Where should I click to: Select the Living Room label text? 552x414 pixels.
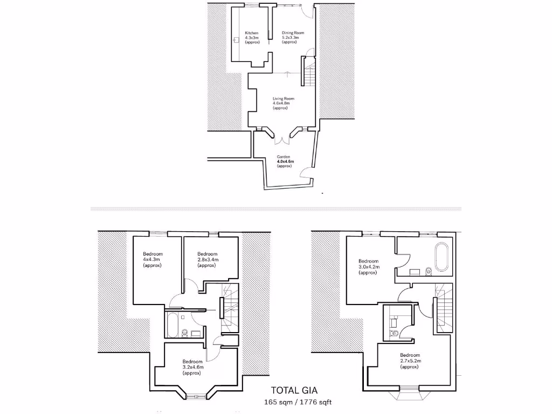(x=283, y=103)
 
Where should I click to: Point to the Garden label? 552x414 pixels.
(x=284, y=161)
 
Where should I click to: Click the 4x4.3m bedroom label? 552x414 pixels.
(x=153, y=260)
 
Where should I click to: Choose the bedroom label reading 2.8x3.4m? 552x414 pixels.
(x=207, y=260)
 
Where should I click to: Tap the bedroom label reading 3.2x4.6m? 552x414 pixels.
(x=192, y=367)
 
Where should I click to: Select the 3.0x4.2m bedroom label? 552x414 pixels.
(x=368, y=267)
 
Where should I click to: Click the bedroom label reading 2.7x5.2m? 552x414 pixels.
(x=410, y=361)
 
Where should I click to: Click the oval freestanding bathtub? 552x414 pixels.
(x=440, y=258)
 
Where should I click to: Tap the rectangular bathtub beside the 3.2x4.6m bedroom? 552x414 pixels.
(x=173, y=326)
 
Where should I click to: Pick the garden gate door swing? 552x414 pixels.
(x=304, y=174)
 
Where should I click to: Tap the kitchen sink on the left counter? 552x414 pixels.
(x=237, y=39)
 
